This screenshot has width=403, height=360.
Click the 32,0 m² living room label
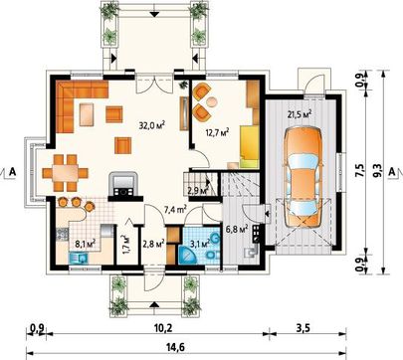(152, 125)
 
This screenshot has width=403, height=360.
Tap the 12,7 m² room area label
(217, 133)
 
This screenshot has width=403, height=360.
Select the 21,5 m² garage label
(300, 114)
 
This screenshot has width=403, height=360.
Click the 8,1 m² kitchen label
(86, 244)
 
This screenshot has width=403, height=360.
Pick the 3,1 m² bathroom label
(199, 245)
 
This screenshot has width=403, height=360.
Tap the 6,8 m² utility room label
(237, 230)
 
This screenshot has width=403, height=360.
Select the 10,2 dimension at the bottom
(162, 328)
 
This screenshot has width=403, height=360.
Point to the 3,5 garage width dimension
(302, 328)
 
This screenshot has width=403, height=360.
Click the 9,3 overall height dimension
(378, 171)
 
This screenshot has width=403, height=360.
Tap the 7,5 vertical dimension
(360, 171)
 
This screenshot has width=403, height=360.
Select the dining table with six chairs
(66, 173)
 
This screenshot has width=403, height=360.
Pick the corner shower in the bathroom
(187, 254)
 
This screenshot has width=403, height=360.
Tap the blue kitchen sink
(79, 258)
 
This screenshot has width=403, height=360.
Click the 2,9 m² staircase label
(198, 190)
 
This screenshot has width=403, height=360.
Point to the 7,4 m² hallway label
(175, 210)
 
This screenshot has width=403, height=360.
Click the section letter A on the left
(13, 171)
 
